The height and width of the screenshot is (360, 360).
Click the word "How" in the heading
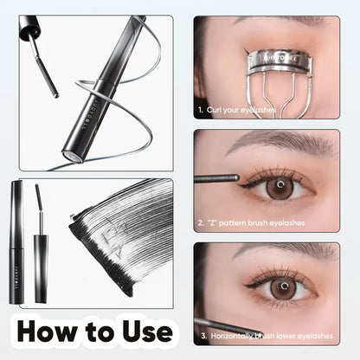(55, 332)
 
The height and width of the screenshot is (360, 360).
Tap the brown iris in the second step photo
(279, 187)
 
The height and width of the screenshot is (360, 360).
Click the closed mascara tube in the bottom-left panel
(17, 241)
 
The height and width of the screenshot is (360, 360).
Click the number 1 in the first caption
(200, 111)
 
